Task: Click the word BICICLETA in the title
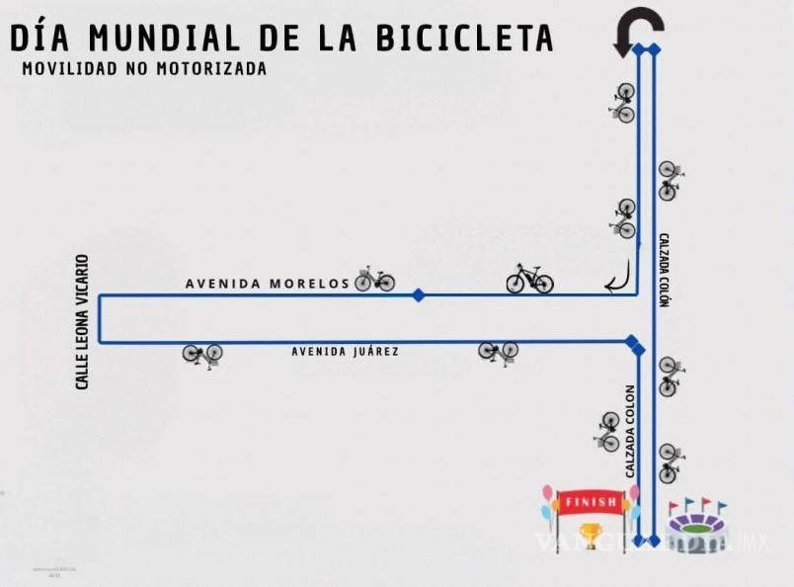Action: [465, 37]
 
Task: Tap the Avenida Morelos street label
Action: [267, 284]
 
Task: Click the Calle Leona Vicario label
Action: [83, 321]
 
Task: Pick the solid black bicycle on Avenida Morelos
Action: [529, 279]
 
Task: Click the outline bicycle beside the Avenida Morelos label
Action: [375, 280]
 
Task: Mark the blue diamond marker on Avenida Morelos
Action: [419, 294]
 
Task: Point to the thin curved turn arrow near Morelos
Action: [619, 280]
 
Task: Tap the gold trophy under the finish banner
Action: [591, 535]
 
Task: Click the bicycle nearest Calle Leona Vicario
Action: [202, 353]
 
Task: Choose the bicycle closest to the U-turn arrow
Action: [622, 102]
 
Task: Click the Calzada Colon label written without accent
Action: [629, 431]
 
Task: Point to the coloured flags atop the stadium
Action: [698, 506]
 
